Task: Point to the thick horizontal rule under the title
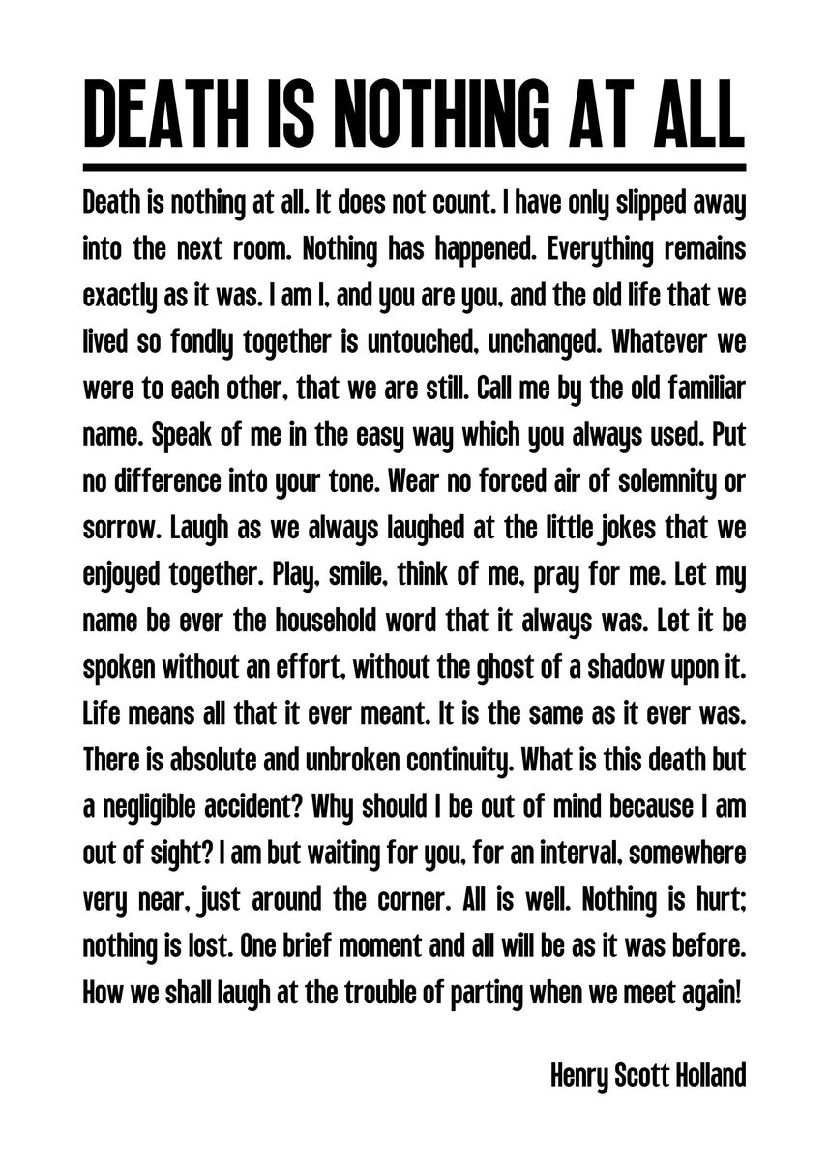(414, 165)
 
